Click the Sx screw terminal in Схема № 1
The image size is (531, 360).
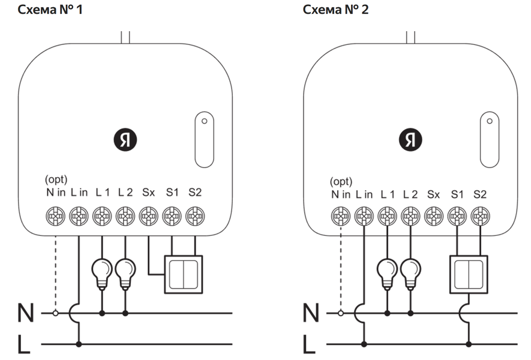pos(148,214)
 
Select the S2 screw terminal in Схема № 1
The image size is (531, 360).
pos(195,214)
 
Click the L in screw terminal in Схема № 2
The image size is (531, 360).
pos(363,214)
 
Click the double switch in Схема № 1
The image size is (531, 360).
pos(184,274)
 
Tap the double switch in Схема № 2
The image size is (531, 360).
pos(469,274)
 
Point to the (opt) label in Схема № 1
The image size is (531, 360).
pos(56,180)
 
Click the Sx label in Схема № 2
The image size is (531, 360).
pos(434,194)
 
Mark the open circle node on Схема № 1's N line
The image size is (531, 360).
pos(55,313)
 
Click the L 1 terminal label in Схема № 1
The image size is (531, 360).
pos(102,193)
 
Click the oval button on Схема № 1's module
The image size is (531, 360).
pos(204,139)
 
